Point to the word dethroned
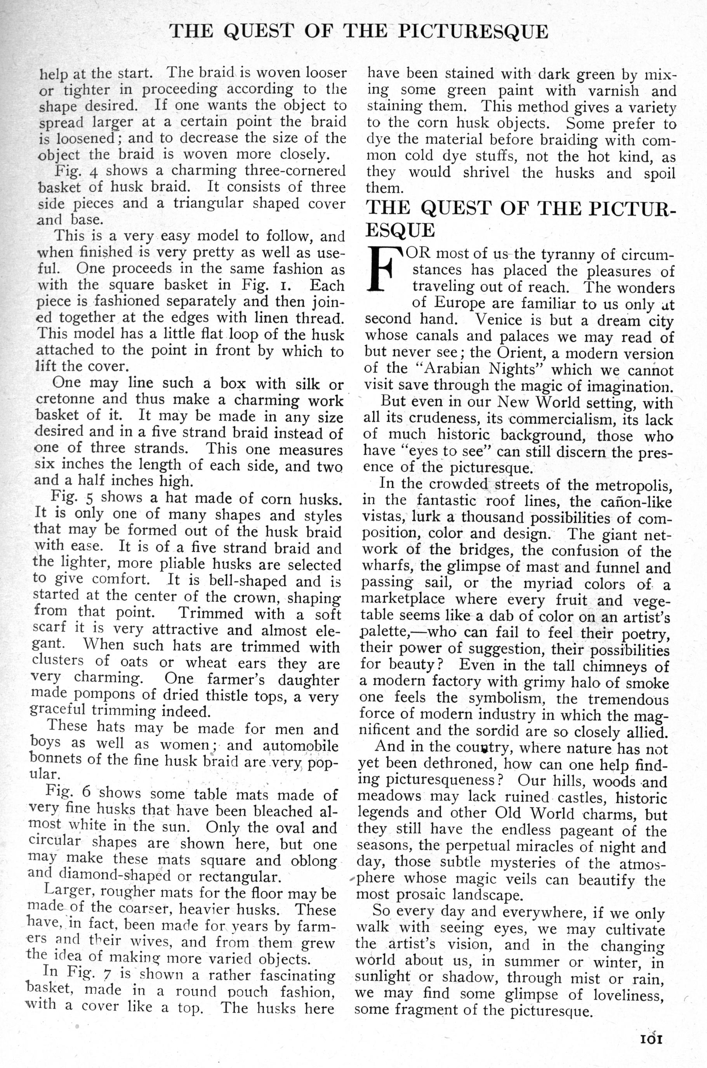pyautogui.click(x=451, y=764)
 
